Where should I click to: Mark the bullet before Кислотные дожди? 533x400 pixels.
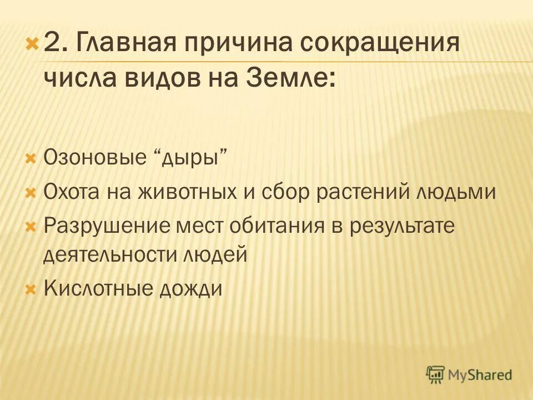tap(32, 289)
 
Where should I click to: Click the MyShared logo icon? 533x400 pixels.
tap(436, 375)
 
